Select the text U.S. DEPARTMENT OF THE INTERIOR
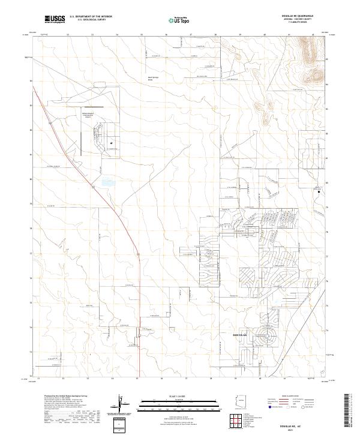tap(91, 17)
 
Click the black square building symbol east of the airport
tap(112, 143)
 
